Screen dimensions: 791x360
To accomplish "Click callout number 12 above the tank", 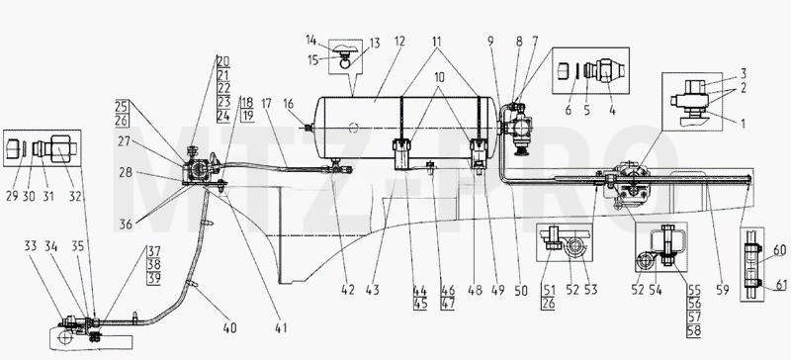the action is (x=399, y=42).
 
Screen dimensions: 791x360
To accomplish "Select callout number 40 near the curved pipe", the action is (x=229, y=328).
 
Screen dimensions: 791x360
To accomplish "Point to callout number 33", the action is (x=31, y=246).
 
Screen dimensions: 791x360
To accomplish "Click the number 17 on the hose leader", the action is (x=267, y=104).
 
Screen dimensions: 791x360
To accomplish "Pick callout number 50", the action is (x=521, y=291).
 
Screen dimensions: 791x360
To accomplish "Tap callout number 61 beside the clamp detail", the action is (x=781, y=286).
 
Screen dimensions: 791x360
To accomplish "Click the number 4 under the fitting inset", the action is (x=612, y=110).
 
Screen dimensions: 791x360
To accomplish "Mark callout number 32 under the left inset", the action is (x=75, y=197).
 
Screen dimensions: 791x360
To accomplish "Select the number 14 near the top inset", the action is (x=310, y=39).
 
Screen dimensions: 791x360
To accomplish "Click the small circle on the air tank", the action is (x=354, y=128).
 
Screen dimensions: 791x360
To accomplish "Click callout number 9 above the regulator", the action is (x=490, y=42).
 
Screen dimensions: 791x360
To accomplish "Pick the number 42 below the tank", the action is (x=348, y=291).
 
